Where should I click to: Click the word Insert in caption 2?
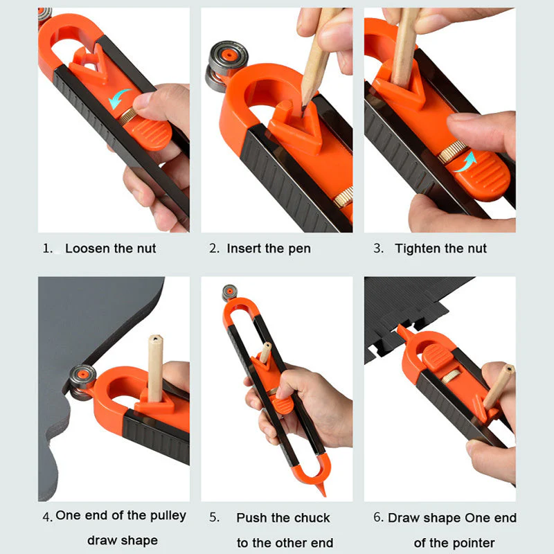point(244,249)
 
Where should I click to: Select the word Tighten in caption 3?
point(419,249)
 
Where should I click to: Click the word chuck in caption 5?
point(312,518)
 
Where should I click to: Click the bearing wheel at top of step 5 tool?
point(229,293)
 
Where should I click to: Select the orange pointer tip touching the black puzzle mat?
point(401,331)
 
